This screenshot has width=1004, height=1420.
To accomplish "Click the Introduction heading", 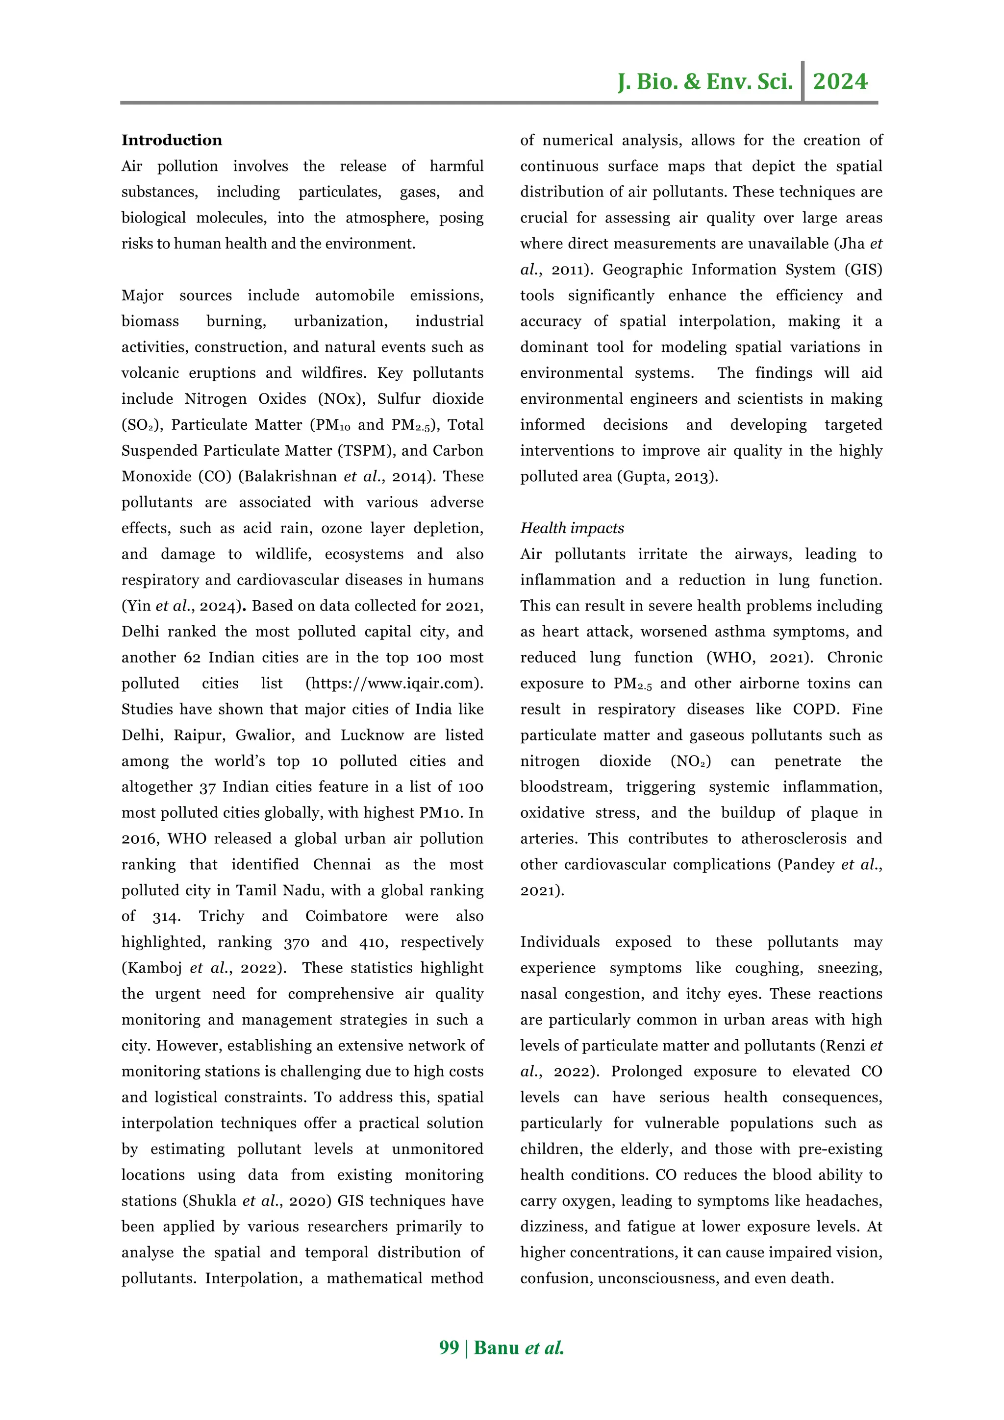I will click(x=172, y=141).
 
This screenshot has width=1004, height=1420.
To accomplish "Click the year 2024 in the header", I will click(x=840, y=82).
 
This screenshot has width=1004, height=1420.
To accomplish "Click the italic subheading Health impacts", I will click(x=572, y=528).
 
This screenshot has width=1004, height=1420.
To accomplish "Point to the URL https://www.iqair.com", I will click(x=394, y=684).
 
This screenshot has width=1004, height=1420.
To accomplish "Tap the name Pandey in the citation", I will click(x=808, y=865).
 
